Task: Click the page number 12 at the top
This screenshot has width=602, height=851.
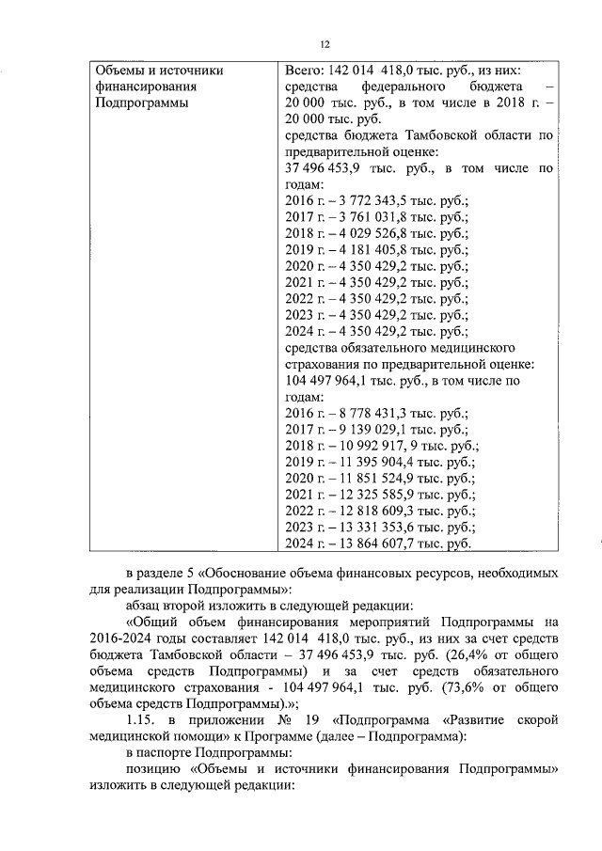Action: tap(325, 44)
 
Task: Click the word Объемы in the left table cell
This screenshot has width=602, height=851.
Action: tap(119, 70)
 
